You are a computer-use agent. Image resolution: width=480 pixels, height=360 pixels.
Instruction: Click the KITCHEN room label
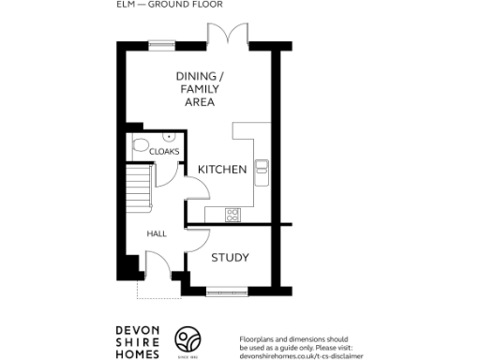(x=222, y=170)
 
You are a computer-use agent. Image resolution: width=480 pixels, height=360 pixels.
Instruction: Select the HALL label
(x=156, y=233)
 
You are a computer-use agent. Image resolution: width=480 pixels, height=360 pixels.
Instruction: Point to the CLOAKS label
(x=164, y=151)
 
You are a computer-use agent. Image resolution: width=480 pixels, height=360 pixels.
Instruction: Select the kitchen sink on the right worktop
(x=262, y=171)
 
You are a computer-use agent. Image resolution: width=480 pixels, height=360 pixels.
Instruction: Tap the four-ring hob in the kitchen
(x=232, y=215)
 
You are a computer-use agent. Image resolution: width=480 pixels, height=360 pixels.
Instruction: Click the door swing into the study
(x=196, y=241)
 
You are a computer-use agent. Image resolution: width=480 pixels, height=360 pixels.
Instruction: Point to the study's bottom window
(x=228, y=288)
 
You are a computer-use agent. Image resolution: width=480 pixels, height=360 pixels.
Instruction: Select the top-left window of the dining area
(x=161, y=43)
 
